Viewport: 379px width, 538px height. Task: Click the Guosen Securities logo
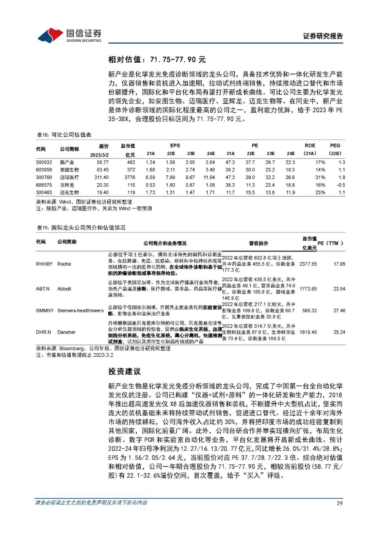(69, 35)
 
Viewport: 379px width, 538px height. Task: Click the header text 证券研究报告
(323, 36)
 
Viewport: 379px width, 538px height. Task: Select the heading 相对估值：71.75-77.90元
(157, 60)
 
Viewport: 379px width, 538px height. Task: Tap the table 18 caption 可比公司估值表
(64, 135)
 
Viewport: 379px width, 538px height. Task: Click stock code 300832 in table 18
(44, 162)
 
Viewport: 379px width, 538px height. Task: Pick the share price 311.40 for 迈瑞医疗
(101, 177)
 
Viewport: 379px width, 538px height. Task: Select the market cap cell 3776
(129, 177)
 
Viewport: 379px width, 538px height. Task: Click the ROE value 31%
(320, 177)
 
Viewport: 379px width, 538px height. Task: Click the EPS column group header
(175, 146)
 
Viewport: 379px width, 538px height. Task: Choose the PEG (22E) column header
(335, 149)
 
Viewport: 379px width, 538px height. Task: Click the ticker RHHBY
(44, 264)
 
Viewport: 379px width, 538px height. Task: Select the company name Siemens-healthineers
(80, 310)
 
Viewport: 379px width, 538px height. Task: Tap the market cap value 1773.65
(308, 289)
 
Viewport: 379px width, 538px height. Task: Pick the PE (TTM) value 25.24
(339, 332)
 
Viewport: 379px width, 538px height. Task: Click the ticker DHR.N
(44, 332)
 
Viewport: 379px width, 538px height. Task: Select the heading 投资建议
(124, 371)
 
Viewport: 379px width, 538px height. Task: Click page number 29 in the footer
(339, 503)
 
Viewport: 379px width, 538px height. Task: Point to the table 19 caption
(81, 228)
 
